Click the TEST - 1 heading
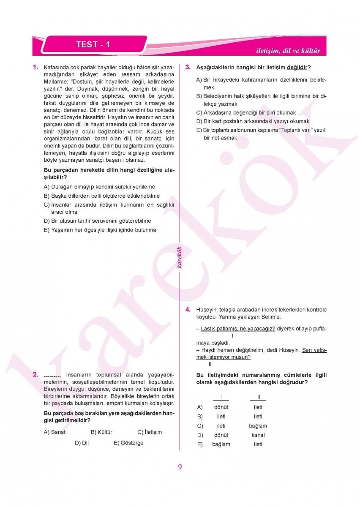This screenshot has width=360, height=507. pyautogui.click(x=93, y=44)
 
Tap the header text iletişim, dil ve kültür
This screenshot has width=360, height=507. pyautogui.click(x=288, y=51)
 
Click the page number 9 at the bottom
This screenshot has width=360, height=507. pyautogui.click(x=180, y=467)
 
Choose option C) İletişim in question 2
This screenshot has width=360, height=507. pyautogui.click(x=150, y=432)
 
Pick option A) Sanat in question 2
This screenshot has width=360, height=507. pyautogui.click(x=55, y=432)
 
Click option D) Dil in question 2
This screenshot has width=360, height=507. pyautogui.click(x=82, y=443)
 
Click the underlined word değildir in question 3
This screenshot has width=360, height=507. pyautogui.click(x=297, y=67)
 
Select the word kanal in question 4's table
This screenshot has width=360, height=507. pyautogui.click(x=258, y=435)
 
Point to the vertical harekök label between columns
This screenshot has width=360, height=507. pyautogui.click(x=180, y=257)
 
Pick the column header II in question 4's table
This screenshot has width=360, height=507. pyautogui.click(x=258, y=397)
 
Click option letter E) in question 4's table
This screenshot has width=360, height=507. pyautogui.click(x=200, y=444)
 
